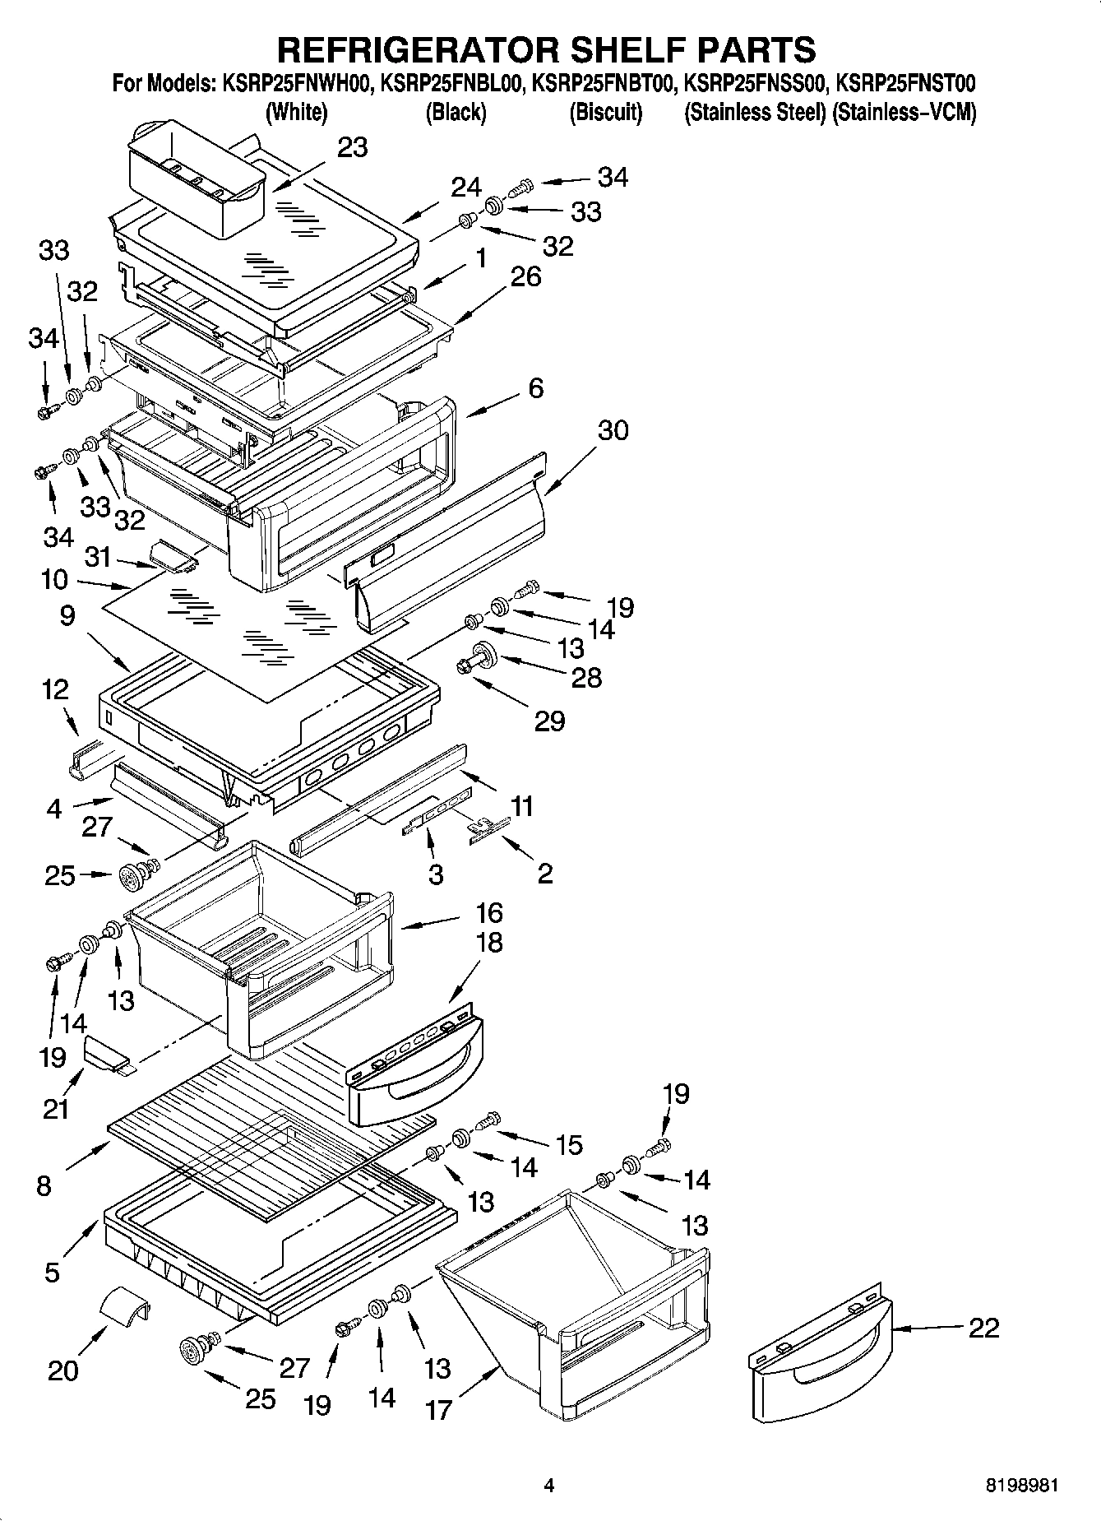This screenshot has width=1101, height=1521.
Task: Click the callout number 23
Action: tap(353, 148)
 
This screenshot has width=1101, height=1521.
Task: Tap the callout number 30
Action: tap(613, 429)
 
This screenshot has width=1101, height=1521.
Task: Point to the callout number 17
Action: tap(439, 1410)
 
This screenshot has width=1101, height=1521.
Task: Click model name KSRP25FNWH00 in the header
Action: tap(298, 83)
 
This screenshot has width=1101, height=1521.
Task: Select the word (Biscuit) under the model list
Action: tap(605, 113)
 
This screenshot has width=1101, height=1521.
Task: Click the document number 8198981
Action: tap(1022, 1486)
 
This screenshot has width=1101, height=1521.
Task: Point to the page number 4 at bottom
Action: tap(549, 1486)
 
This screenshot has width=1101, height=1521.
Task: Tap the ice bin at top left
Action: tap(196, 177)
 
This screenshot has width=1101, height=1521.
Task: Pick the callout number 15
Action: tap(569, 1144)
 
